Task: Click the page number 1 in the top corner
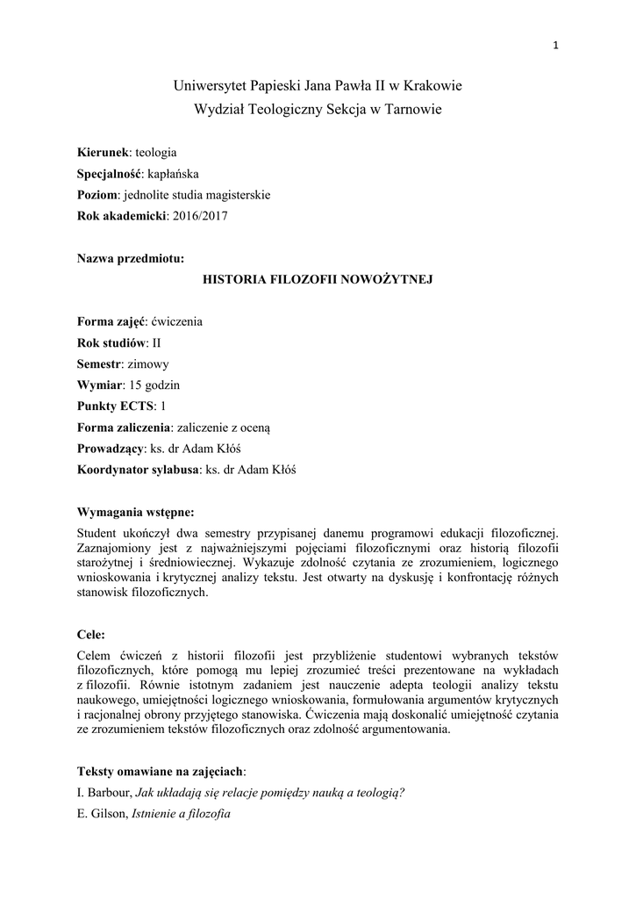pos(556,47)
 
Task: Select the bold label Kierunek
pos(104,152)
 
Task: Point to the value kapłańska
pos(175,173)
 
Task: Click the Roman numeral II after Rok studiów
pos(158,342)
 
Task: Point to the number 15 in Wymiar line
pos(135,385)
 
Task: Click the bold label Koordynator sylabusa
pos(139,469)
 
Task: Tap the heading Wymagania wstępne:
pos(136,512)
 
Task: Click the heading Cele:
pos(91,633)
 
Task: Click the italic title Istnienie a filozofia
pos(180,814)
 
